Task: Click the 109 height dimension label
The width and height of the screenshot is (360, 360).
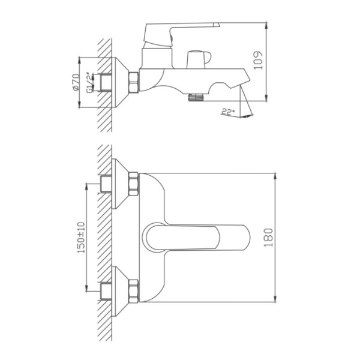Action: click(258, 60)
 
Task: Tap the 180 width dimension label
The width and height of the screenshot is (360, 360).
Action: click(268, 238)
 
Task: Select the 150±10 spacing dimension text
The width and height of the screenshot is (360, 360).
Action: click(81, 238)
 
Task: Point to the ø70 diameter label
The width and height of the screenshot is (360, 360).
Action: click(76, 82)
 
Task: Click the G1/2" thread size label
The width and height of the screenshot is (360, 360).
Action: click(90, 83)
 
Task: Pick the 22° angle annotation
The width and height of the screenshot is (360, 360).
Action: click(228, 112)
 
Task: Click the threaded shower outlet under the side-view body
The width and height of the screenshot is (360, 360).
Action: click(197, 97)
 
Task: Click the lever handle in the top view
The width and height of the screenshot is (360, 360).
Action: click(198, 238)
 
